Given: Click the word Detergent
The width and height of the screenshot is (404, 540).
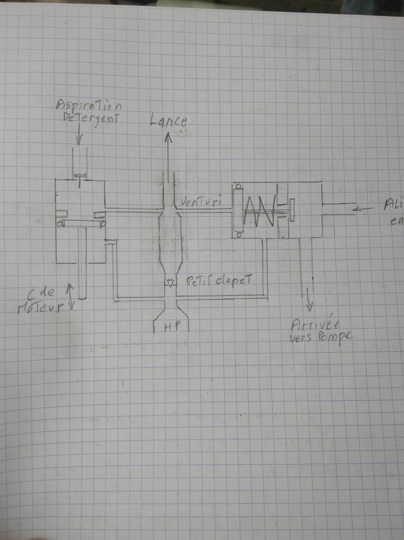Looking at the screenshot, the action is [x=88, y=118].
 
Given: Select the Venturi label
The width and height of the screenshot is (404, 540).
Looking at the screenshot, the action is [x=200, y=201].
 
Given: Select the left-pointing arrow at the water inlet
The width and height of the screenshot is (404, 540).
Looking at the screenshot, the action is [x=364, y=209].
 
